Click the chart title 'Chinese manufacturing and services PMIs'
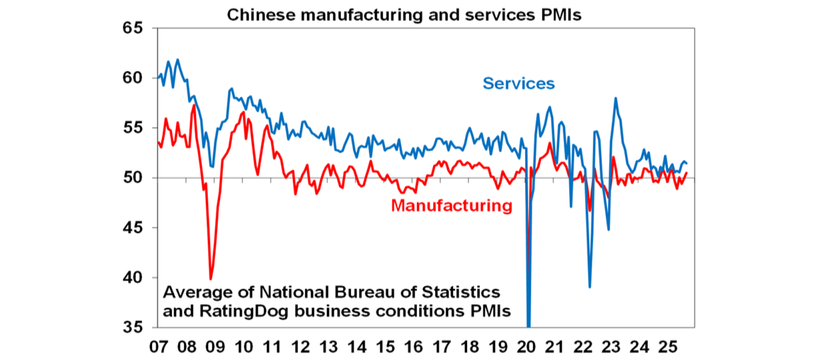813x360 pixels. coord(404,15)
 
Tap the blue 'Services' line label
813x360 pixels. coord(518,84)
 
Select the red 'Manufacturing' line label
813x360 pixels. coord(452,205)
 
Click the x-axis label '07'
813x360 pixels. coord(158,347)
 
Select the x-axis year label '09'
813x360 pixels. coord(214,347)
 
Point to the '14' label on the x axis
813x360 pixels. coord(356,347)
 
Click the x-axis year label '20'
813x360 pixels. coord(526,347)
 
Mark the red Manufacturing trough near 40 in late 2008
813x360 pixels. coord(211,279)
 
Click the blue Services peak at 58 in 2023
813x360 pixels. coord(616,98)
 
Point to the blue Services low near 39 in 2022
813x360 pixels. coord(590,287)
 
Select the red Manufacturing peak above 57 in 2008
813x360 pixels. coord(194,105)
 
